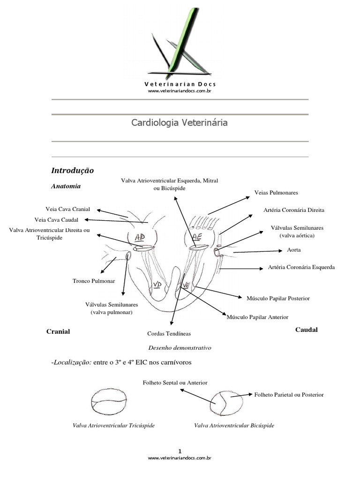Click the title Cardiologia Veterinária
(180, 123)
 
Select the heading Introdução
(73, 170)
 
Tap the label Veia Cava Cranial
(67, 209)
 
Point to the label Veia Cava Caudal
(56, 219)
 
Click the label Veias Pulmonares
(276, 193)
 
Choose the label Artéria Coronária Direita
(294, 210)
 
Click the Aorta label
(294, 250)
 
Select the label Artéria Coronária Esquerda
(301, 267)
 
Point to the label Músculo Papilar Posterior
(278, 298)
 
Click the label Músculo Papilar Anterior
(257, 317)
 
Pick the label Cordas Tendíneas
(169, 334)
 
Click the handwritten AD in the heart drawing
(139, 237)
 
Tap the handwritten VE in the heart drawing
(186, 285)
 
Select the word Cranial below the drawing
(58, 331)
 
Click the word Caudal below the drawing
(306, 330)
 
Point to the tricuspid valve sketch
(108, 402)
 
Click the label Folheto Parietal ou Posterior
(289, 395)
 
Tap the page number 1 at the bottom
(180, 450)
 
